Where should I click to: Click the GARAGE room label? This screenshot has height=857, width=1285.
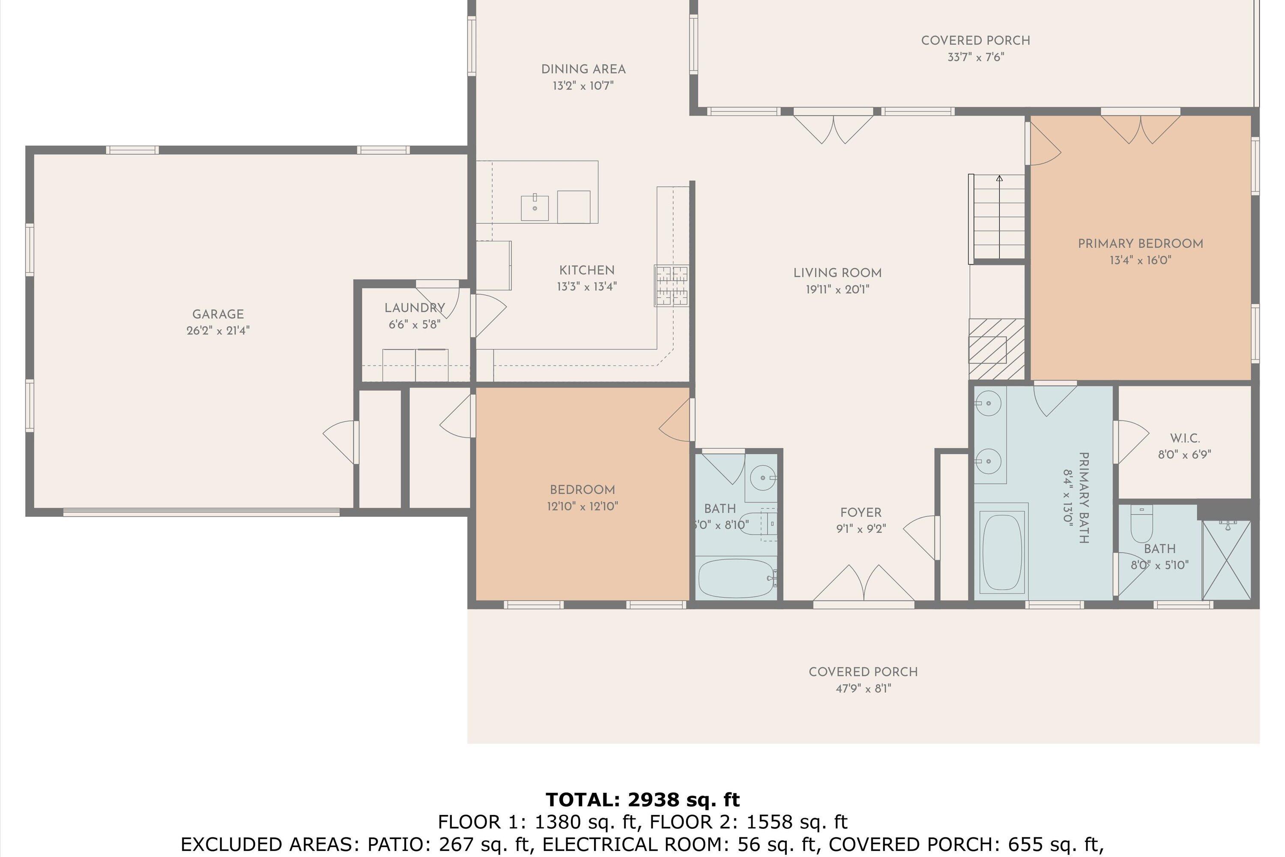pyautogui.click(x=218, y=314)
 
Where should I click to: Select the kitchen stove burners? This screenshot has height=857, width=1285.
pyautogui.click(x=672, y=286)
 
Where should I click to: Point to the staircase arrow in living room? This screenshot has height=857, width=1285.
pyautogui.click(x=999, y=179)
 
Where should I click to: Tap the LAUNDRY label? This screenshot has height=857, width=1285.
pyautogui.click(x=414, y=308)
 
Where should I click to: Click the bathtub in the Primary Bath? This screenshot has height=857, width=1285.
pyautogui.click(x=1001, y=552)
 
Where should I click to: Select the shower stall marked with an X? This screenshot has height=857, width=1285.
pyautogui.click(x=1226, y=560)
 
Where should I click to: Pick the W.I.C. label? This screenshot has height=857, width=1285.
pyautogui.click(x=1184, y=438)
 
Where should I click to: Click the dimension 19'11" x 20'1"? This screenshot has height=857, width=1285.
pyautogui.click(x=837, y=290)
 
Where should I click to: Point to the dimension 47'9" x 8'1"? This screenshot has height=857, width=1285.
pyautogui.click(x=863, y=689)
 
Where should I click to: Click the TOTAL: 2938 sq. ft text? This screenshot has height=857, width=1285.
pyautogui.click(x=642, y=800)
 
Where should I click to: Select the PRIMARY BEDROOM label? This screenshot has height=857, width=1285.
pyautogui.click(x=1140, y=244)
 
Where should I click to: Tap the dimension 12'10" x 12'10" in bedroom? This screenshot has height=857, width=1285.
pyautogui.click(x=583, y=506)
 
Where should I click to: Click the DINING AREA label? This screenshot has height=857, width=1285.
pyautogui.click(x=583, y=69)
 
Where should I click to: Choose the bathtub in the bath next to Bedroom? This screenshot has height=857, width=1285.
pyautogui.click(x=736, y=578)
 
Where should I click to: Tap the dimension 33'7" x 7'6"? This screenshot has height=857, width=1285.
pyautogui.click(x=975, y=57)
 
